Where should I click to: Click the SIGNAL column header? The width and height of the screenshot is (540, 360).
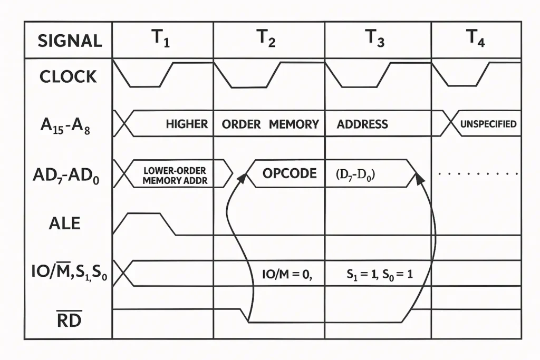[x=70, y=41]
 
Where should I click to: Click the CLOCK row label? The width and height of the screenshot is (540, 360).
[x=69, y=76]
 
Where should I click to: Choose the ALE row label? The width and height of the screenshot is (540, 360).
[x=64, y=223]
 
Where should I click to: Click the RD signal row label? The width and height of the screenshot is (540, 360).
[x=69, y=319]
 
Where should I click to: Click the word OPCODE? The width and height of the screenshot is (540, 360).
[x=290, y=173]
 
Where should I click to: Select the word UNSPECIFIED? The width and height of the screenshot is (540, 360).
[x=488, y=124]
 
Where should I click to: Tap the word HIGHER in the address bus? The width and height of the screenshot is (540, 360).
[x=187, y=124]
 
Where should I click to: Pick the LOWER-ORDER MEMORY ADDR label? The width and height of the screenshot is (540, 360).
[x=175, y=176]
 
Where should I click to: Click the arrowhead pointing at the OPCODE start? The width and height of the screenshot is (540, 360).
[x=242, y=178]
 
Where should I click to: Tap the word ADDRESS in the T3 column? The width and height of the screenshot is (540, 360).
[x=362, y=124]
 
